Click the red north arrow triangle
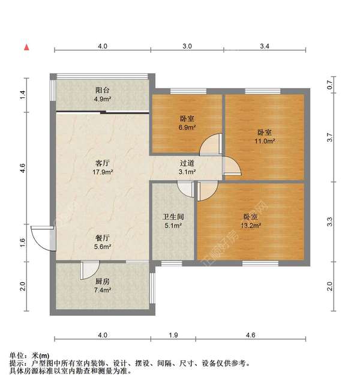pyautogui.click(x=26, y=47)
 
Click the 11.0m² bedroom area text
pyautogui.click(x=265, y=141)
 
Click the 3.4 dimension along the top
pyautogui.click(x=264, y=46)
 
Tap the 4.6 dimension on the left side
pyautogui.click(x=23, y=169)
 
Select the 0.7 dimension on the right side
pyautogui.click(x=329, y=85)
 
